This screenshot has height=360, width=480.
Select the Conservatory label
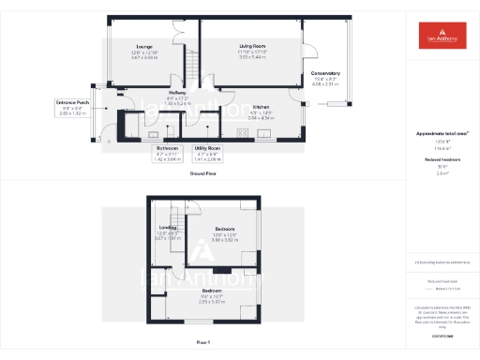[x=325, y=73]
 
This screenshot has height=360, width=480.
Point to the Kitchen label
[x=262, y=107]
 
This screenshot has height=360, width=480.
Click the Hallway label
[x=176, y=92]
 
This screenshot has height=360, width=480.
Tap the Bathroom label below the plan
[x=168, y=148]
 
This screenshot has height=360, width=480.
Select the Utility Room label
[x=207, y=148]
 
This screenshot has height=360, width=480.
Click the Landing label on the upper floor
[x=168, y=227]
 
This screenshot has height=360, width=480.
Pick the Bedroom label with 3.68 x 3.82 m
[x=224, y=229]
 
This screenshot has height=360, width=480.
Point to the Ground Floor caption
[x=203, y=174]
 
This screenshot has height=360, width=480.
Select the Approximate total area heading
[x=441, y=134]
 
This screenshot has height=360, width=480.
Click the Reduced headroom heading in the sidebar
[x=441, y=160]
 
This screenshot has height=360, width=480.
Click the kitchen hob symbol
[x=242, y=132]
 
